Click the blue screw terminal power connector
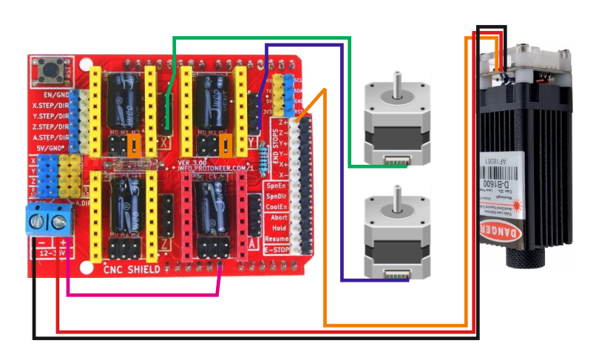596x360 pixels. [48, 220]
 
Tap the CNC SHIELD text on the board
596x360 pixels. [132, 270]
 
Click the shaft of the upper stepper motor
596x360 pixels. [396, 83]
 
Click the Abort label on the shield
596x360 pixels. [278, 217]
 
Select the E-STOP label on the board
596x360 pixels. [274, 251]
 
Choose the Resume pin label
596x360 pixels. [276, 240]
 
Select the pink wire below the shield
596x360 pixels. [140, 295]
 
